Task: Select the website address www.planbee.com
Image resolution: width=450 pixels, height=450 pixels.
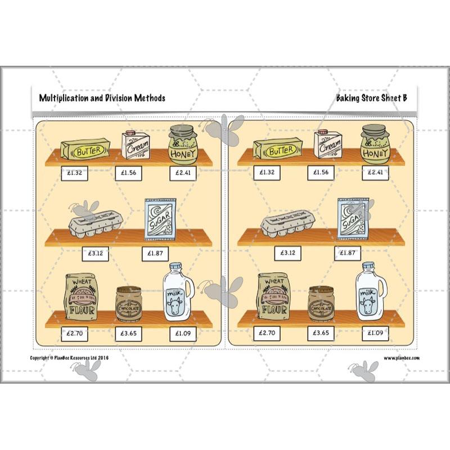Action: [x=402, y=358]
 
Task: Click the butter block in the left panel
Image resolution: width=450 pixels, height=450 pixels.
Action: [x=85, y=150]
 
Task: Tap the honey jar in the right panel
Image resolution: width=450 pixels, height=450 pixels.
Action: [x=375, y=144]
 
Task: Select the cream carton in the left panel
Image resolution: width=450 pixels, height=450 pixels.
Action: [x=135, y=145]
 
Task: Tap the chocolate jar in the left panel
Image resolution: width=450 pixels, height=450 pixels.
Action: [x=129, y=304]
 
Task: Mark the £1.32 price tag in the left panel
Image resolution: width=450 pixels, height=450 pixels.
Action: [x=74, y=173]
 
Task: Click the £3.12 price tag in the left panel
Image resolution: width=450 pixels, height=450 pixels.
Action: [x=94, y=253]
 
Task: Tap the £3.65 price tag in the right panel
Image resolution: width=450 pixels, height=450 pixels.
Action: [x=321, y=333]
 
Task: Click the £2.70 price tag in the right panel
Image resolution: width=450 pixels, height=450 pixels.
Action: [x=267, y=333]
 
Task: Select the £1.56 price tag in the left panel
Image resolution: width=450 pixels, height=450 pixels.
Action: [x=129, y=173]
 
